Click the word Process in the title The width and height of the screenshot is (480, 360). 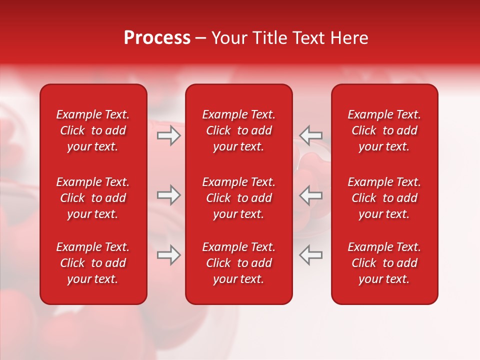pyautogui.click(x=157, y=38)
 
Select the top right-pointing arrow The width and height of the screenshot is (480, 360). pyautogui.click(x=168, y=135)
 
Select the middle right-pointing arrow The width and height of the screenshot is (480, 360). pyautogui.click(x=168, y=195)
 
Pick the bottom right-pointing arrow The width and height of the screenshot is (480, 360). pyautogui.click(x=168, y=255)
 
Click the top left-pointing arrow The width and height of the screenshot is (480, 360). pyautogui.click(x=310, y=135)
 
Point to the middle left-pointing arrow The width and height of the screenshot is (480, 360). pyautogui.click(x=310, y=195)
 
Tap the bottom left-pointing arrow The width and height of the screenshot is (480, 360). pyautogui.click(x=310, y=255)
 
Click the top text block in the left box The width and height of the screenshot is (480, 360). pyautogui.click(x=93, y=130)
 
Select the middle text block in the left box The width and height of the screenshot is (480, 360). pyautogui.click(x=93, y=198)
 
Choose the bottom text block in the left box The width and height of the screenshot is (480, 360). pyautogui.click(x=93, y=263)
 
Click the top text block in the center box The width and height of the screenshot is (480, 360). pyautogui.click(x=238, y=130)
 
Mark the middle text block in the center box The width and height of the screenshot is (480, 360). pyautogui.click(x=238, y=198)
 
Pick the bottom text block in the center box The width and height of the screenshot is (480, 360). pyautogui.click(x=238, y=263)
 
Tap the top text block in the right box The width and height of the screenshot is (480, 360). pyautogui.click(x=384, y=130)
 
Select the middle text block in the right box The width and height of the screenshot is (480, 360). pyautogui.click(x=384, y=198)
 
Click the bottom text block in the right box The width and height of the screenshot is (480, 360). pyautogui.click(x=384, y=263)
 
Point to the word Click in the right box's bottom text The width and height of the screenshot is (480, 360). pyautogui.click(x=363, y=263)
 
